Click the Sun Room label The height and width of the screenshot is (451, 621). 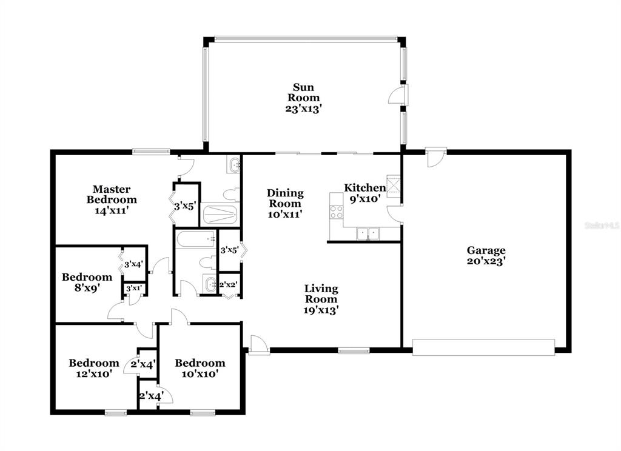[x=303, y=92]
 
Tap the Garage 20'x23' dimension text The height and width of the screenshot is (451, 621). [x=486, y=261]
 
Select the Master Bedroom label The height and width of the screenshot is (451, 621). [x=112, y=194]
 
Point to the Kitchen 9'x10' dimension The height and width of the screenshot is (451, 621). [x=364, y=199]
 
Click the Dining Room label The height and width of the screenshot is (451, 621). [x=285, y=198]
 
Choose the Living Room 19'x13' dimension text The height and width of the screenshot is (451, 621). [x=321, y=310]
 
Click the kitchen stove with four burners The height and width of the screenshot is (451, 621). [x=337, y=212]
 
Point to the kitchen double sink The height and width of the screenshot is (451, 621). [x=368, y=233]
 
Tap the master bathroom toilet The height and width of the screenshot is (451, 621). [x=230, y=195]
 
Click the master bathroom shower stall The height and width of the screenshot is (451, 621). [x=220, y=215]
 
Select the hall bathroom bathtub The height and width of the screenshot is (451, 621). [x=196, y=239]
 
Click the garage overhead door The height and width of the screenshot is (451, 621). [x=483, y=347]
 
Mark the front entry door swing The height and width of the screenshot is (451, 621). [x=258, y=344]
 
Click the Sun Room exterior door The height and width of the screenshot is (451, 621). [x=398, y=95]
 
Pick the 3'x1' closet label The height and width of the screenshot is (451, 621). [x=134, y=289]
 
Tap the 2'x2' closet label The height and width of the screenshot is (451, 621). [x=228, y=284]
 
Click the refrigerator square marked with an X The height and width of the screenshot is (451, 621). [x=394, y=185]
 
